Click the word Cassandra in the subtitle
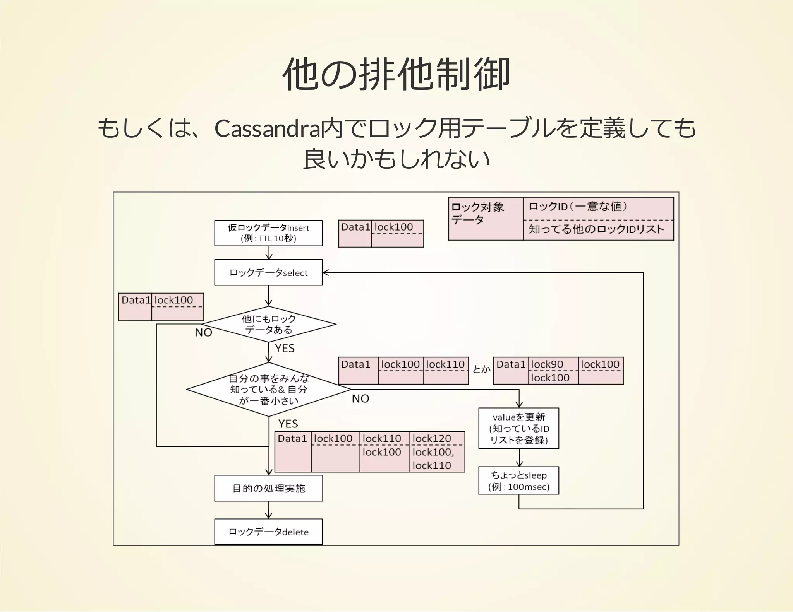[x=267, y=128]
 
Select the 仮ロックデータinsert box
[x=268, y=233]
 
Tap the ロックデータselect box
[x=268, y=272]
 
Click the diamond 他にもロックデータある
[x=268, y=324]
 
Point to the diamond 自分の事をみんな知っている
[x=268, y=389]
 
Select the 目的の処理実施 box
[x=268, y=488]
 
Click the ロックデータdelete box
[x=268, y=532]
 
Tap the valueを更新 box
[x=518, y=428]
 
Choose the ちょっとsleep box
[x=518, y=480]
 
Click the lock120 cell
[x=432, y=438]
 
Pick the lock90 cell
[x=547, y=364]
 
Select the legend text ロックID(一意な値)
[x=577, y=207]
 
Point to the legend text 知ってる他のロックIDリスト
[x=596, y=229]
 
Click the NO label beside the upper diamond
[x=203, y=333]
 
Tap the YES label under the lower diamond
[x=288, y=424]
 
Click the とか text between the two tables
[x=481, y=369]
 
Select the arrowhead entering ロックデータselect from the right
[x=326, y=272]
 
